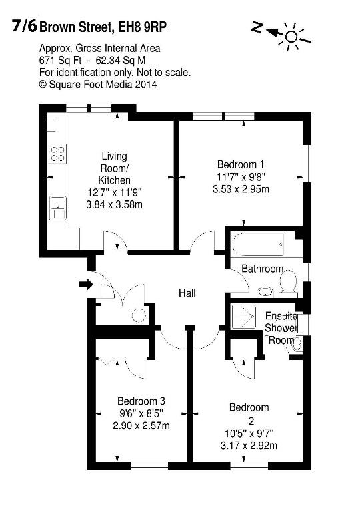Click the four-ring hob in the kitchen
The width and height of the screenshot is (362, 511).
click(x=58, y=154)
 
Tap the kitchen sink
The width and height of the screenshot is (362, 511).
click(x=58, y=208)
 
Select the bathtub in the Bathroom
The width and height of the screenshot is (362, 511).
click(x=259, y=244)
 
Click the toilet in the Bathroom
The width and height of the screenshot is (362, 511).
click(x=288, y=282)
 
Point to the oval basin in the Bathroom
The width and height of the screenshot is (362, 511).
click(x=265, y=291)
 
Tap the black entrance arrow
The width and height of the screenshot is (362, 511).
click(x=86, y=285)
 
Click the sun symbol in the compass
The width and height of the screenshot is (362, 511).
click(x=291, y=37)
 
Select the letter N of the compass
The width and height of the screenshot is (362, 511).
click(x=257, y=28)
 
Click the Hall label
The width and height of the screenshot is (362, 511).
click(x=187, y=293)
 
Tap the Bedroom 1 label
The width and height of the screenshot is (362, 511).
click(x=241, y=164)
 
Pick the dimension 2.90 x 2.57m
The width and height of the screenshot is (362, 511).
click(x=141, y=425)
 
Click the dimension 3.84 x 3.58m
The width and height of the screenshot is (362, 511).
click(x=114, y=205)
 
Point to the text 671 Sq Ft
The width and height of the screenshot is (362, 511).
click(x=60, y=61)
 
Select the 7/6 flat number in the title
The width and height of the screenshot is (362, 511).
click(x=25, y=26)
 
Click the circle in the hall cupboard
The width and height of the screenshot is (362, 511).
click(x=139, y=315)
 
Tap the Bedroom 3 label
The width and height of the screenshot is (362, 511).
click(x=141, y=401)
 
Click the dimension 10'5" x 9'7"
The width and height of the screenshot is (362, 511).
click(x=249, y=433)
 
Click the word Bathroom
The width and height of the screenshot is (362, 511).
click(x=262, y=269)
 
